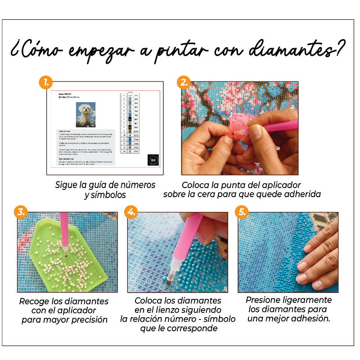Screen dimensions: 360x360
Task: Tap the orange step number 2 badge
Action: click(x=183, y=83)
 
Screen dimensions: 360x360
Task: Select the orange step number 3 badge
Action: click(x=20, y=212)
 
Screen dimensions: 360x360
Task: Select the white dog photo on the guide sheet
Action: click(x=85, y=114)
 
